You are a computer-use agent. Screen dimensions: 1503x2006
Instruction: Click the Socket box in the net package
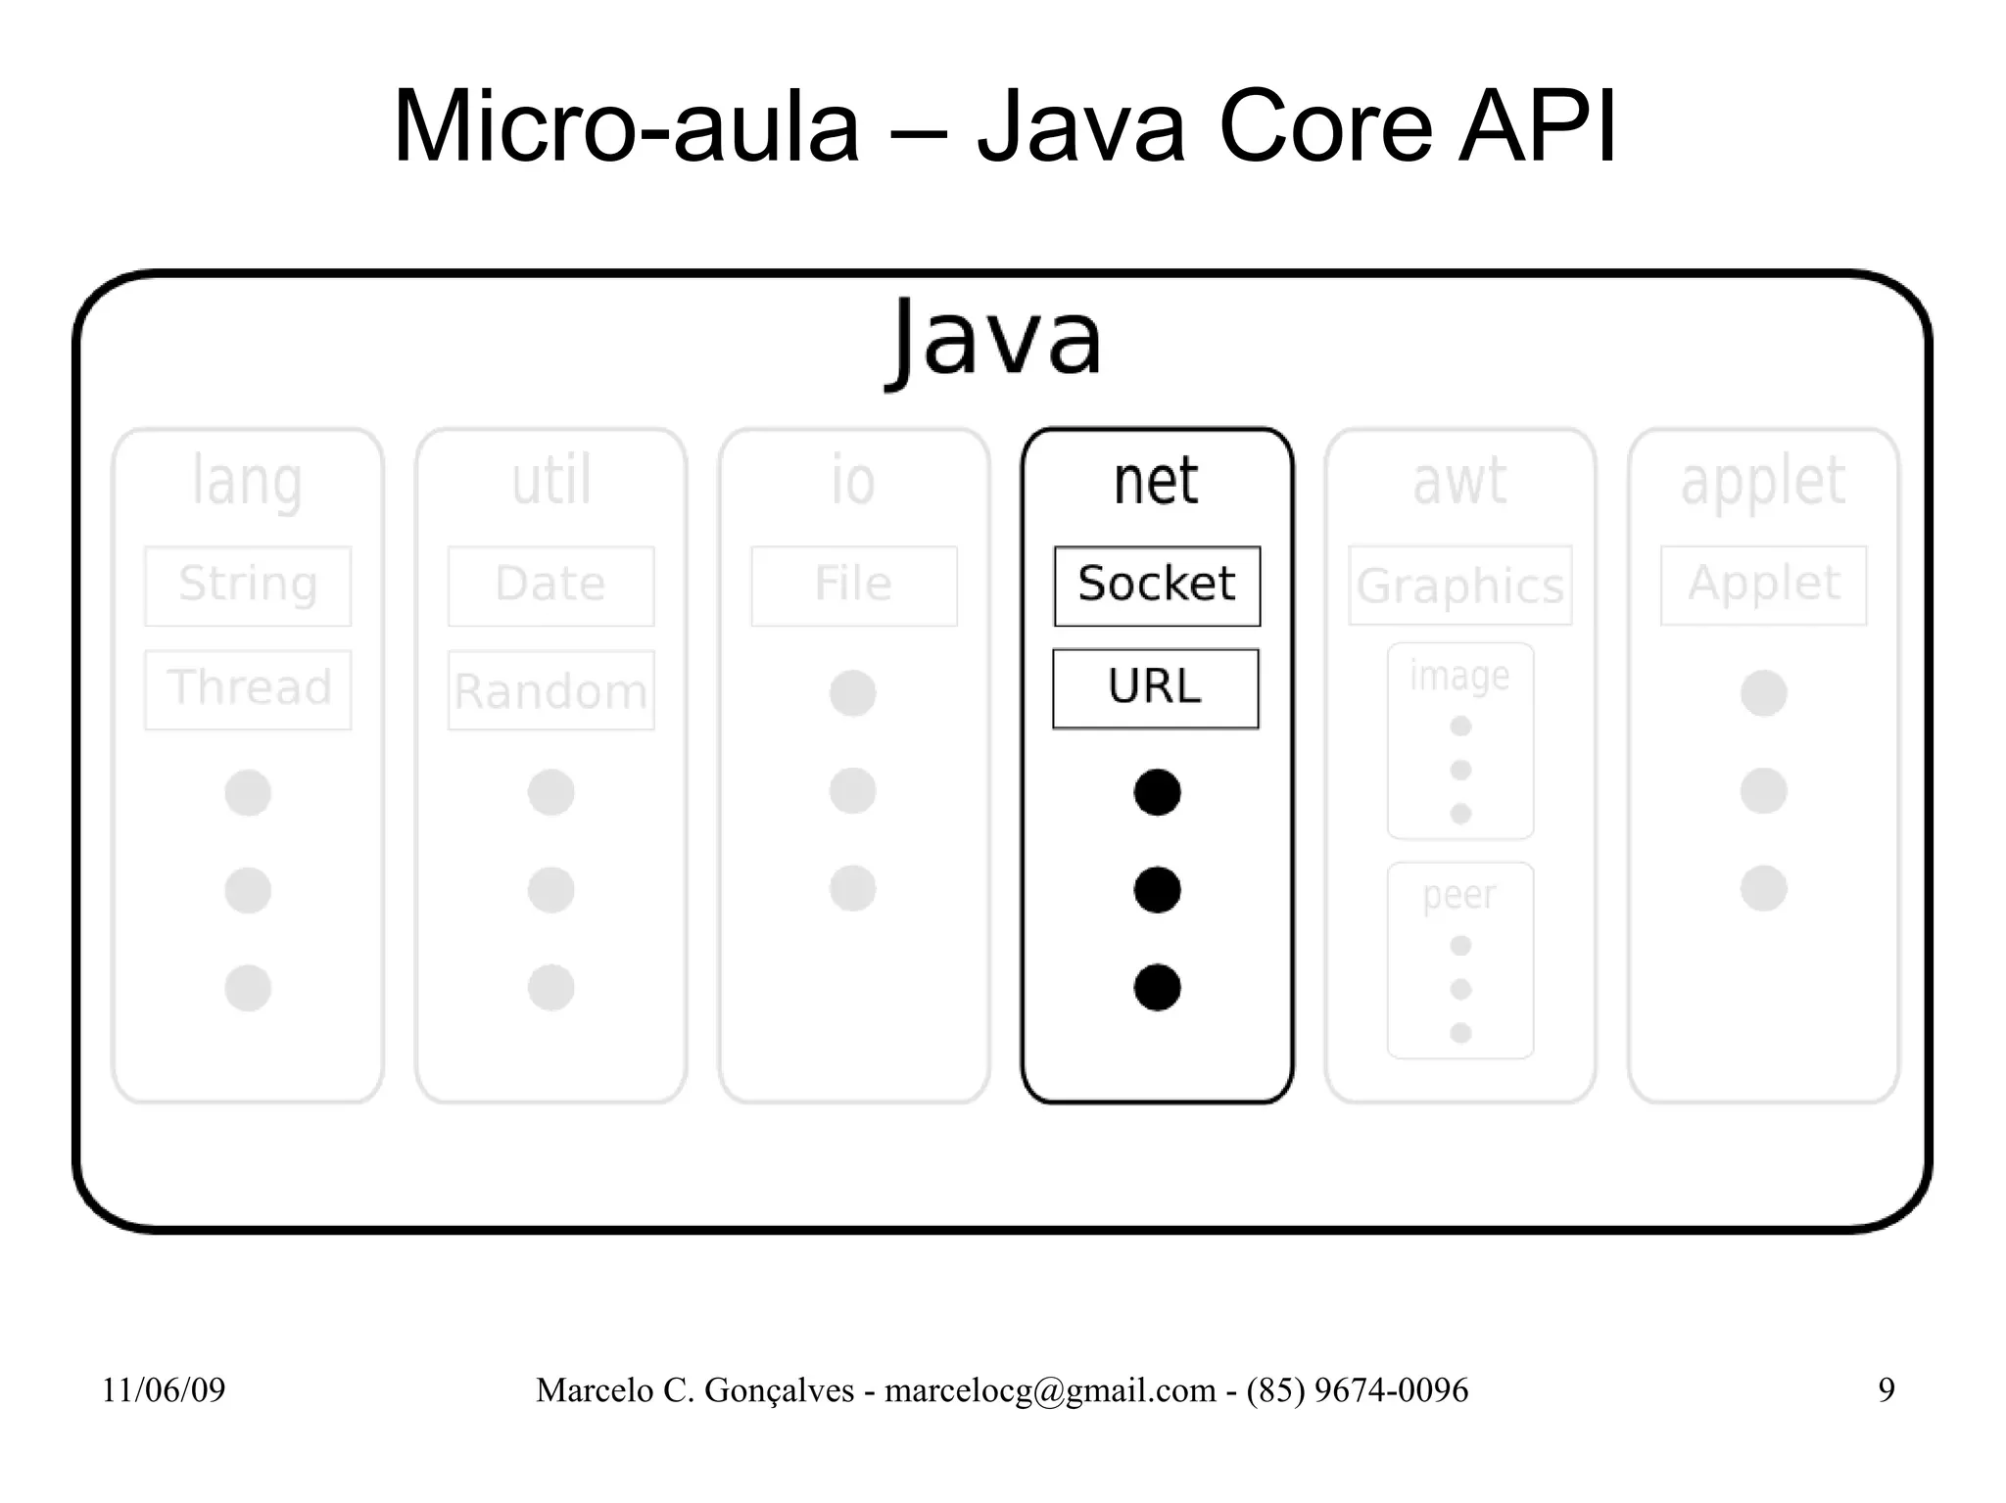[1157, 586]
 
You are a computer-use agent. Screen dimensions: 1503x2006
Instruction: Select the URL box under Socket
[1156, 688]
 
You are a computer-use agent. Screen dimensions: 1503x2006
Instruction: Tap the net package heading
[1156, 481]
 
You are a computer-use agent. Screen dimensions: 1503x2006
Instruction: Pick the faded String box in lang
[248, 586]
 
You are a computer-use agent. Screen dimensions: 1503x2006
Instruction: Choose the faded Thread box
[248, 689]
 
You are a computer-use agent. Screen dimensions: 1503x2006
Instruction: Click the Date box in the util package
[550, 586]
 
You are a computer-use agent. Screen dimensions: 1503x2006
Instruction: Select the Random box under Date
[550, 690]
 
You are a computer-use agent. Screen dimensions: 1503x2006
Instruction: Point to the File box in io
[853, 586]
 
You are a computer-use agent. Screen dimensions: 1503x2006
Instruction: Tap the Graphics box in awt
[1459, 586]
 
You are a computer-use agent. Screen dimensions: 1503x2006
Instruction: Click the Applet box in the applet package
[1763, 585]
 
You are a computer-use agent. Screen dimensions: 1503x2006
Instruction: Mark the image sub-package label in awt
[1459, 676]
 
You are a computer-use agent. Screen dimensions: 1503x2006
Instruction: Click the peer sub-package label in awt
[1459, 895]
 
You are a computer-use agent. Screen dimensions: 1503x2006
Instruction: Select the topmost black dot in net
[1157, 792]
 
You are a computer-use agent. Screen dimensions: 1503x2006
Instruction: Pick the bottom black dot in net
[1157, 987]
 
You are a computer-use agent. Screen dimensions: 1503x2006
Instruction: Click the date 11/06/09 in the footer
[164, 1390]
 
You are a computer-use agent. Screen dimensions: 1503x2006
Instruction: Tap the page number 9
[1886, 1390]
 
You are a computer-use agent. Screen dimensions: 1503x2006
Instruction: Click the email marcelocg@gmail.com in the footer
[1050, 1390]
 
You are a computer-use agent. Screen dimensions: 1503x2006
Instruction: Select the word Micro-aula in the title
[626, 126]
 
